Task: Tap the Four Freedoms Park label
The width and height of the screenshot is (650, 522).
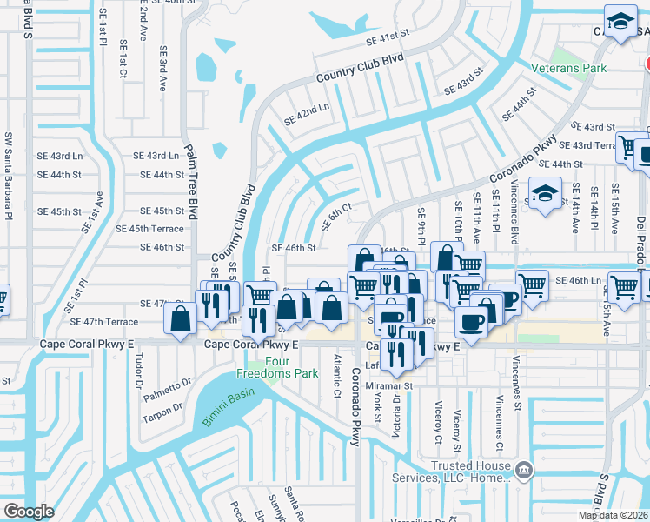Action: coord(268,367)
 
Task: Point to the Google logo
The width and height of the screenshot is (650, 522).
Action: coord(28,512)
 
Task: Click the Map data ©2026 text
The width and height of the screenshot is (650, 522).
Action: coord(613,515)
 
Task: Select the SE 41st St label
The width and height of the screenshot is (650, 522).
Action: coord(387,39)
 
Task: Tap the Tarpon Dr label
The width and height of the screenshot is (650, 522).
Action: coord(162,411)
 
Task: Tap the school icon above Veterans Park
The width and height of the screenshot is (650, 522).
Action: coord(620,23)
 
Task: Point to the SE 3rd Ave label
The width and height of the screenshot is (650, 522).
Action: coord(162,72)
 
